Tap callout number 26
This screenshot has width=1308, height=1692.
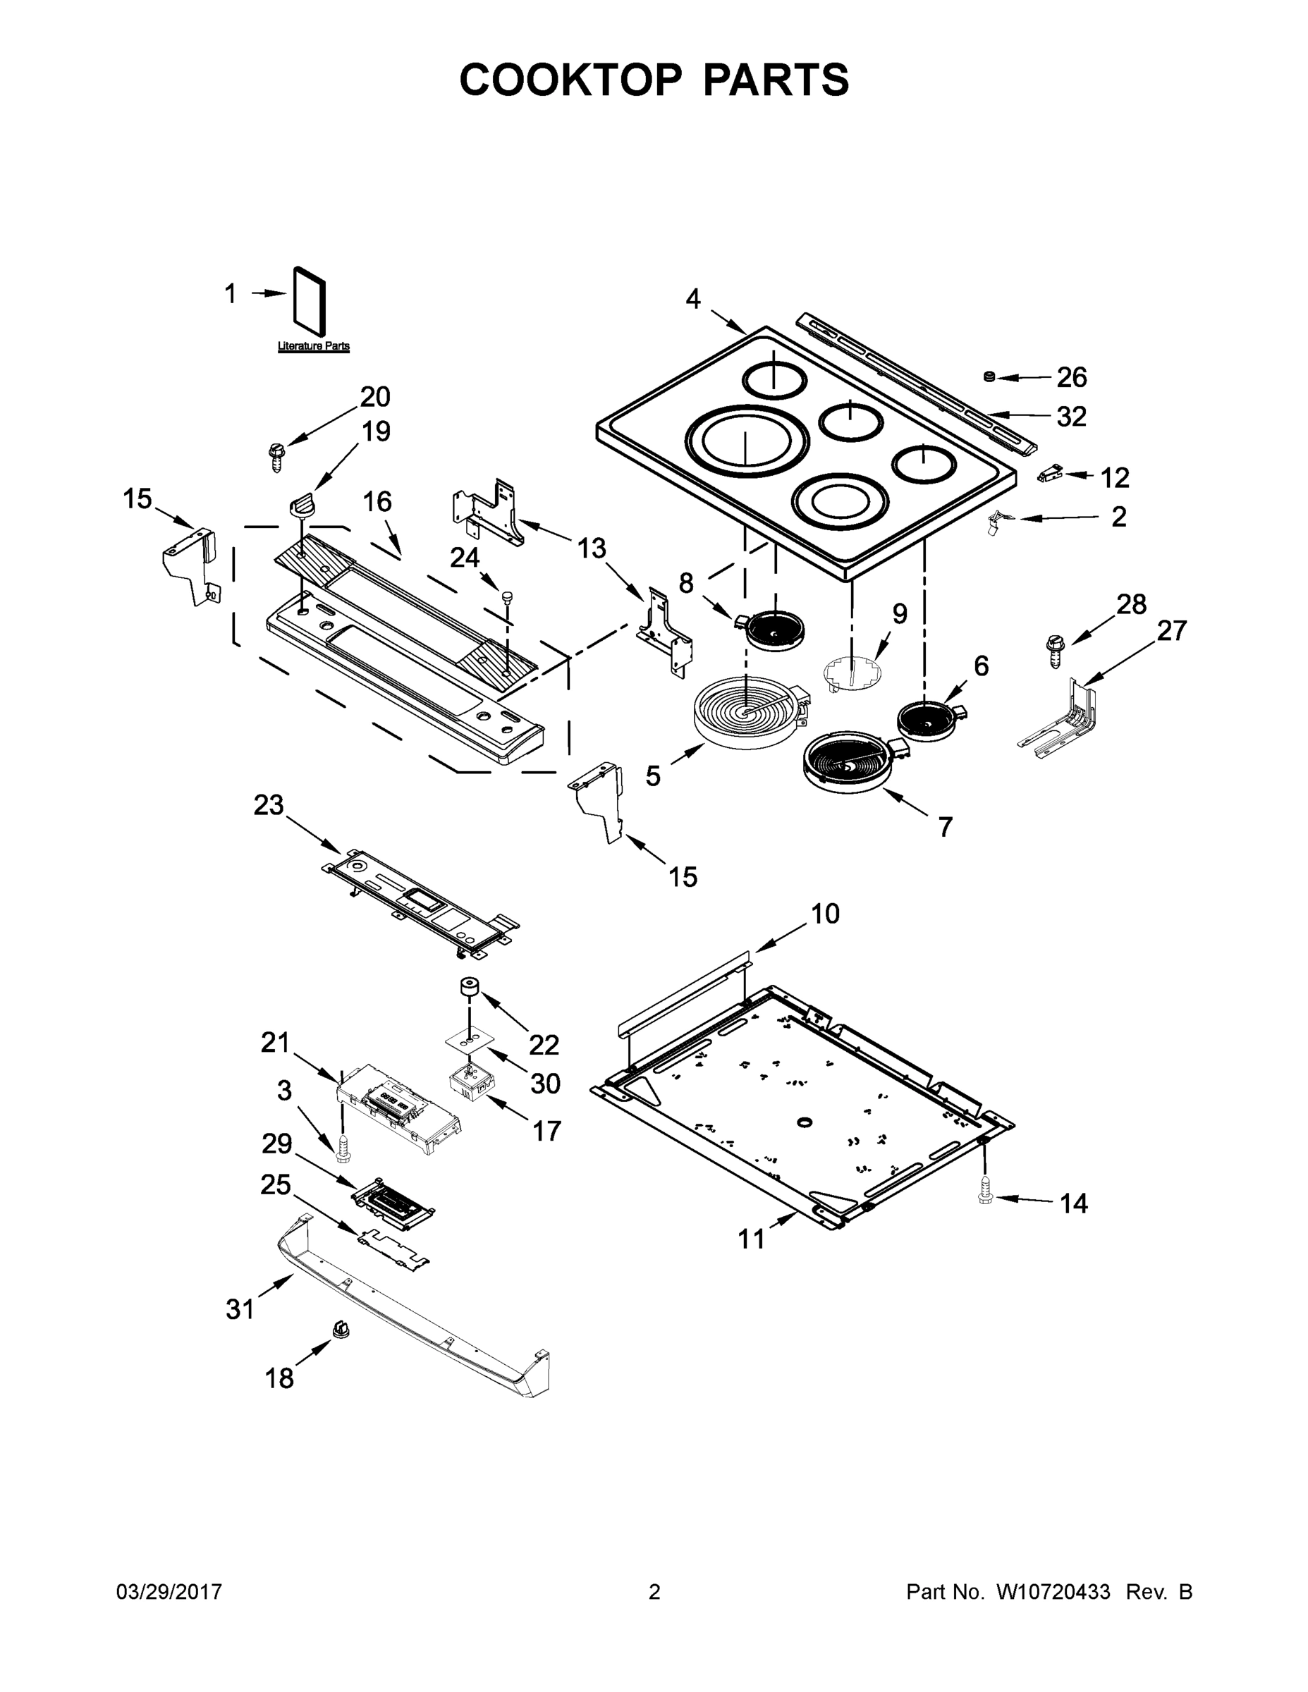point(1072,377)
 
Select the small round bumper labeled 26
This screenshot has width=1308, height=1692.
point(989,376)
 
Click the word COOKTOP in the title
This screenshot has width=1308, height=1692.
point(572,80)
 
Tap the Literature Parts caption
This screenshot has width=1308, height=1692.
point(314,346)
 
